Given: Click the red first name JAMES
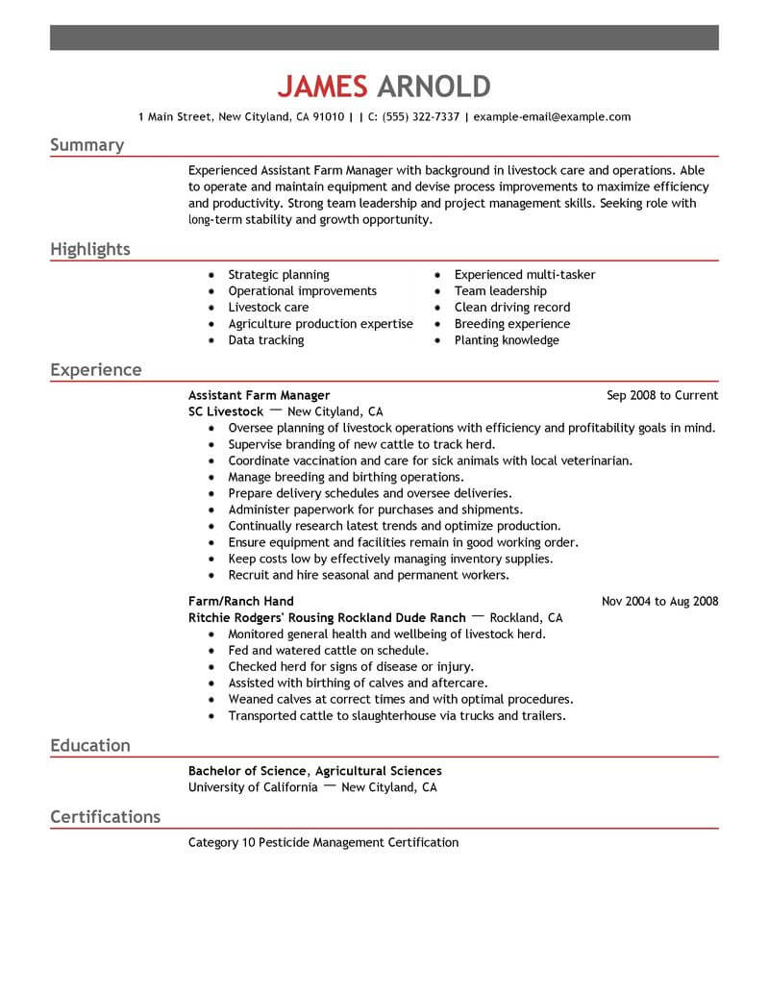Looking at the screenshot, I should click(322, 87).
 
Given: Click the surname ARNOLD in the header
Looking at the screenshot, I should click(434, 87).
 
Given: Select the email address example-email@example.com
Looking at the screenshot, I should click(553, 117).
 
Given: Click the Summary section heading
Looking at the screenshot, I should click(87, 145).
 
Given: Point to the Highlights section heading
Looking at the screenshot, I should click(89, 250).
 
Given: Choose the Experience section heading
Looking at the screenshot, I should click(95, 370).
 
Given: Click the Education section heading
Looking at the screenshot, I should click(89, 745).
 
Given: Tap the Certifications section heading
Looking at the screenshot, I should click(105, 817).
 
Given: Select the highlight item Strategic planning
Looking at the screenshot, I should click(278, 275).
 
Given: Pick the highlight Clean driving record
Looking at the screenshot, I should click(511, 308).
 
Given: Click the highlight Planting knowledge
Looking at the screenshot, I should click(506, 340).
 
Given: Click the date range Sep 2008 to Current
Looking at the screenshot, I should click(662, 395).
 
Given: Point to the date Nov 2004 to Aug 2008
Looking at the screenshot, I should click(659, 602).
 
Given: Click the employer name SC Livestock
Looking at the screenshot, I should click(226, 411).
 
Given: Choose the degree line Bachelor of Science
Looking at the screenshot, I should click(248, 771).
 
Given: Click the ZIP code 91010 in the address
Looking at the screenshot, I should click(327, 117).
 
